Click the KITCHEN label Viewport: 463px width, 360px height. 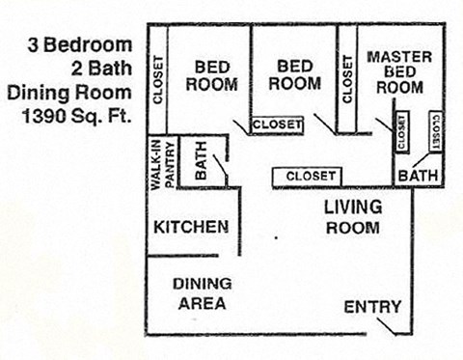[191, 228]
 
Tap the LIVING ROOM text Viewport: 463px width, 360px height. [352, 217]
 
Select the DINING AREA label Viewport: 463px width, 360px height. [202, 293]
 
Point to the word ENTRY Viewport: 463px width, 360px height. [372, 307]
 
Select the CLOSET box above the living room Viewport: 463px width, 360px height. [311, 176]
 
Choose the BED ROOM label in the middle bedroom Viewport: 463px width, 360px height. [294, 75]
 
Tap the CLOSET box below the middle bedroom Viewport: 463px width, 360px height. [277, 125]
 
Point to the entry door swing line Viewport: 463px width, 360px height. [388, 329]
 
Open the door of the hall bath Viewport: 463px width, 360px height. [223, 171]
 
